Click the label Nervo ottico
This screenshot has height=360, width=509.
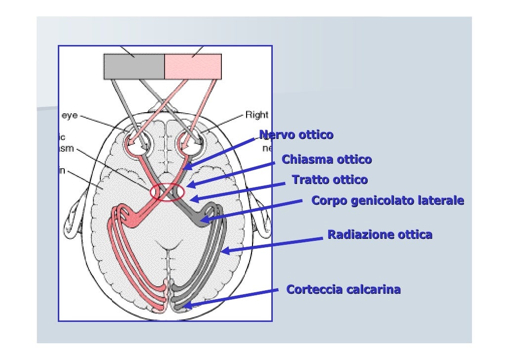click(x=296, y=135)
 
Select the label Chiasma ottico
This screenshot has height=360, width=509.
click(x=326, y=160)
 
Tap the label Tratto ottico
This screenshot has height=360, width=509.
click(x=330, y=180)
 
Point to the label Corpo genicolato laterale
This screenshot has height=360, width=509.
click(x=387, y=201)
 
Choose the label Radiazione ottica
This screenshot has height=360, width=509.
click(x=380, y=234)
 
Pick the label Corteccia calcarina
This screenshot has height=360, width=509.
click(x=343, y=289)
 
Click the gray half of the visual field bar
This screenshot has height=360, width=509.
click(x=133, y=67)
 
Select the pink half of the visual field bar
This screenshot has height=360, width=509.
click(x=193, y=67)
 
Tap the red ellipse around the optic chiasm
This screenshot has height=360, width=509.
click(x=167, y=192)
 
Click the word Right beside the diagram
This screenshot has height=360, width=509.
click(x=256, y=115)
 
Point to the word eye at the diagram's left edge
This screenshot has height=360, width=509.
click(x=69, y=115)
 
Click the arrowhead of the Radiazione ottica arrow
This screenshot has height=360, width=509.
click(x=224, y=252)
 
